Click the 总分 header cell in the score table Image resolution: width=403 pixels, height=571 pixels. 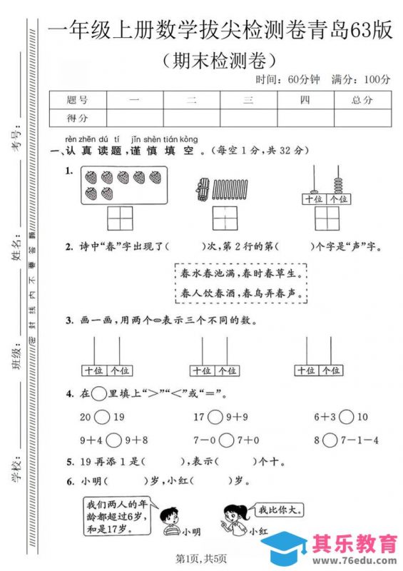click(362, 101)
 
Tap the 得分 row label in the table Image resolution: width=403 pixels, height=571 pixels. click(77, 118)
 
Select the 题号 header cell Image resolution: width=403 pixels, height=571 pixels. click(77, 101)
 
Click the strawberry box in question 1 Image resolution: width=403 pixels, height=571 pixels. click(122, 185)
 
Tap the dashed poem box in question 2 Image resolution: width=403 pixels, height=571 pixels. click(242, 283)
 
